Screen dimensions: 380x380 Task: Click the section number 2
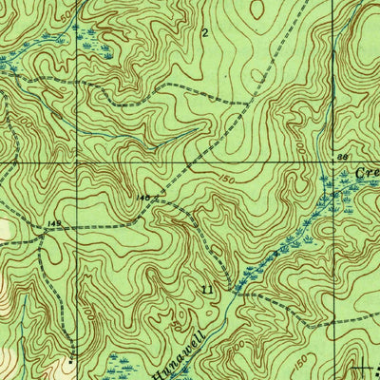point(204,31)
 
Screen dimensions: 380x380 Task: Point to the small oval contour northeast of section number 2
point(256,9)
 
